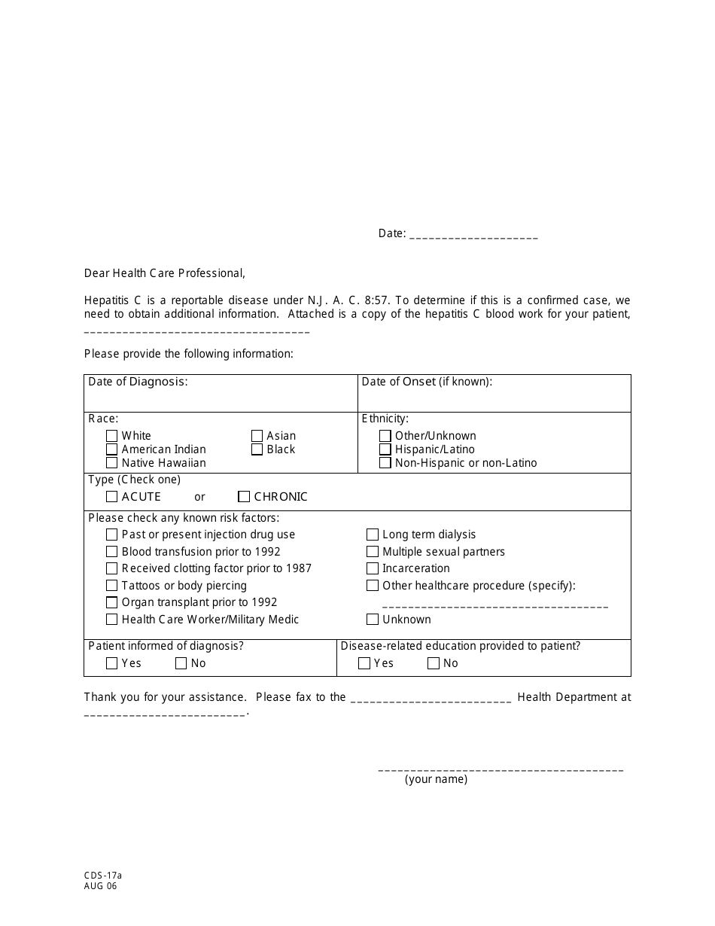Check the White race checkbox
pos(112,436)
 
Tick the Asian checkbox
pos(257,436)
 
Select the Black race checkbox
pos(257,449)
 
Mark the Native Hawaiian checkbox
pos(112,463)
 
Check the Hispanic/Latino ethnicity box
pos(385,449)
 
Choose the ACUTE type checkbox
pos(112,497)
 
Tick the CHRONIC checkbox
pos(244,497)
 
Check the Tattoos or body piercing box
pos(112,586)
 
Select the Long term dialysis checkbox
pos(373,535)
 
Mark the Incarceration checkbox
pos(373,568)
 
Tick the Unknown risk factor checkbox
pos(373,620)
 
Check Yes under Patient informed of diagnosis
pos(112,663)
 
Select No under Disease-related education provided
pos(434,663)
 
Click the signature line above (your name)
pos(500,769)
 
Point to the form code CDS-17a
pos(103,876)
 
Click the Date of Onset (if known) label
pos(427,382)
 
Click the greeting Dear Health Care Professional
pos(165,273)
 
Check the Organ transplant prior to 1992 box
pos(112,602)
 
